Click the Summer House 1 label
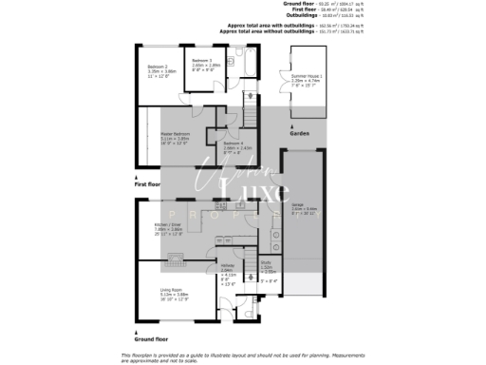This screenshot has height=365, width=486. click(307, 76)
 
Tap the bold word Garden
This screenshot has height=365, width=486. click(299, 135)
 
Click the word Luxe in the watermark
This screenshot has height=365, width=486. click(257, 195)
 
